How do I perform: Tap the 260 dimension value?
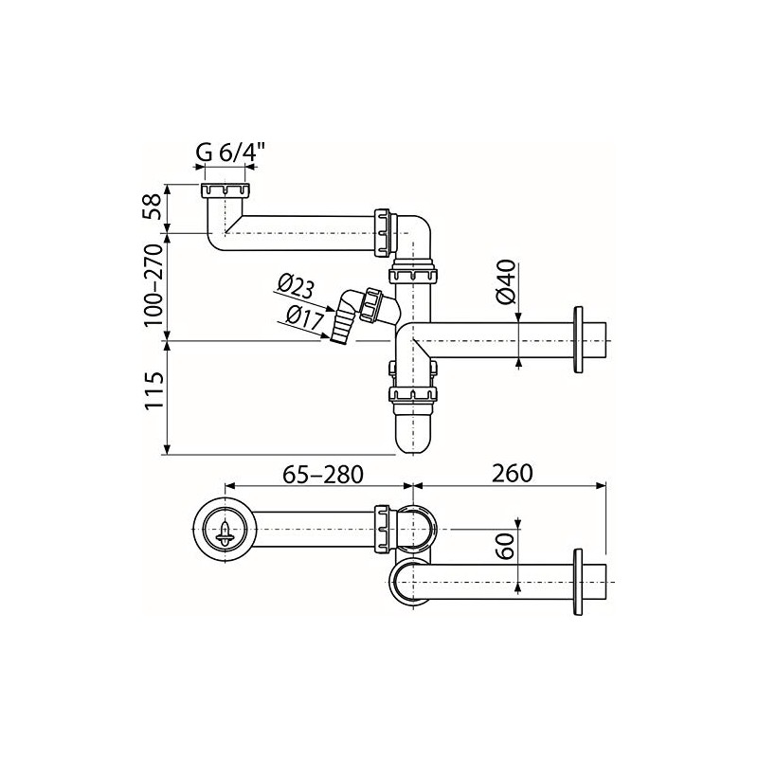(513, 471)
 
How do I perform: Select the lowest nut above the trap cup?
(413, 395)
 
